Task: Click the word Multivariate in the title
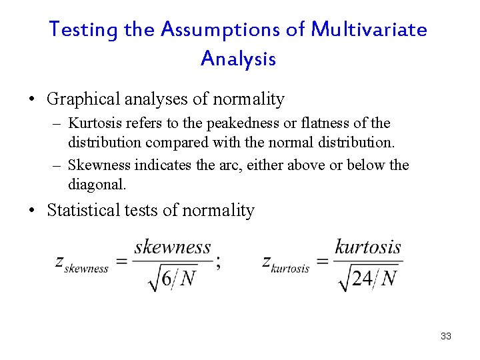(x=369, y=30)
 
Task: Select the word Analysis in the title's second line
(x=238, y=59)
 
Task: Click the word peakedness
(x=242, y=123)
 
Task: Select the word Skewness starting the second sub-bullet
(x=99, y=165)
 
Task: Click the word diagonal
(x=96, y=183)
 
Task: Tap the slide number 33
(x=446, y=336)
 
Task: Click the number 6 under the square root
(x=167, y=278)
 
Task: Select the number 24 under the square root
(x=362, y=278)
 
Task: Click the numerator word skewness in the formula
(x=173, y=247)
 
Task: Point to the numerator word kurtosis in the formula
(x=368, y=247)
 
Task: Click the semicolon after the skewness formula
(x=219, y=263)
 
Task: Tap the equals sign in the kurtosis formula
(x=321, y=261)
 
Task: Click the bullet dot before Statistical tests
(x=31, y=211)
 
